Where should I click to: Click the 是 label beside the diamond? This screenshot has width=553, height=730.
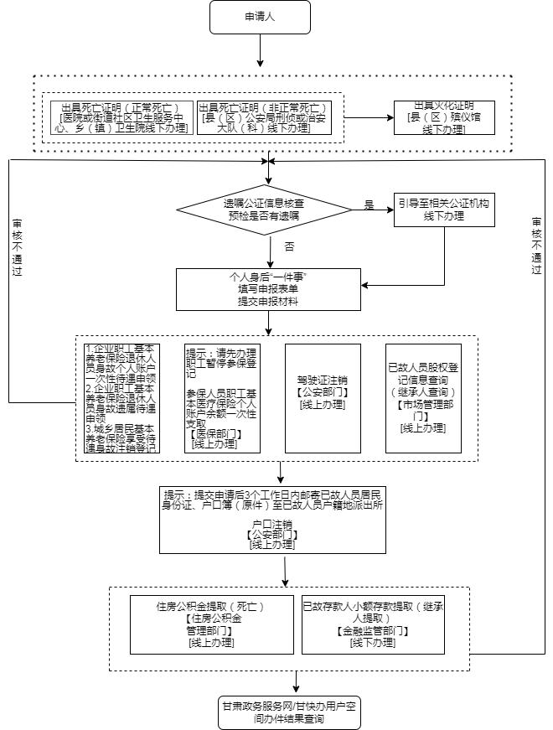coord(369,205)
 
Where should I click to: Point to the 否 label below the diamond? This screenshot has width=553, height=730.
coord(290,247)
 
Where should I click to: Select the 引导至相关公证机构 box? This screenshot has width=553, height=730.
coord(445,210)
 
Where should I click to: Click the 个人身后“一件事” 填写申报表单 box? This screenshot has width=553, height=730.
coord(269,288)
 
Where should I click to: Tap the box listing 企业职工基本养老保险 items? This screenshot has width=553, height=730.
coord(121,398)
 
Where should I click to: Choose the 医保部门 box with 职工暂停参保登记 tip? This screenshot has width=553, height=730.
coord(222,398)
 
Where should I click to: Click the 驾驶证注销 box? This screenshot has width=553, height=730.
coord(323,398)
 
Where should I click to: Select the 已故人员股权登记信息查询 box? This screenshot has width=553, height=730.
coord(423,398)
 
